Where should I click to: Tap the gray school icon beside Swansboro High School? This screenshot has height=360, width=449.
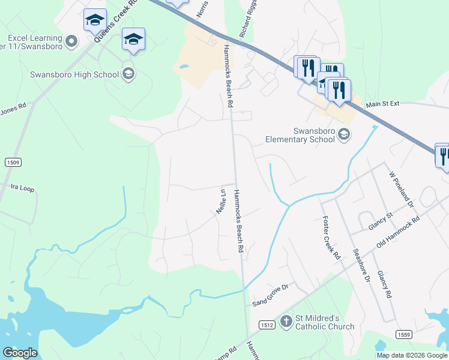[x=127, y=74]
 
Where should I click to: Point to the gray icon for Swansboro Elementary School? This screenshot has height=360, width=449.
[x=343, y=133]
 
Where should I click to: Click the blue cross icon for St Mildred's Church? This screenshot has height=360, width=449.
[x=286, y=322]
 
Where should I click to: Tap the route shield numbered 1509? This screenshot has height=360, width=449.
[x=13, y=162]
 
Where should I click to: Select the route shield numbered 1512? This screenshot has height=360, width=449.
[x=267, y=325]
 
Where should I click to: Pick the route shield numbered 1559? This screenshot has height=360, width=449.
[x=404, y=334]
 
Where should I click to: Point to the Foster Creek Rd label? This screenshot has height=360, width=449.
[x=331, y=237]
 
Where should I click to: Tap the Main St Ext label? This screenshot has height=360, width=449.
[x=382, y=104]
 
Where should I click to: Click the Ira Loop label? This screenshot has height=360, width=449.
[x=23, y=188]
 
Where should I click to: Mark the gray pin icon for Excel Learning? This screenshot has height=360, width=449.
[x=72, y=41]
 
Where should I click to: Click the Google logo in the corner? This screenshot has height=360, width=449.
[x=20, y=353]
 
